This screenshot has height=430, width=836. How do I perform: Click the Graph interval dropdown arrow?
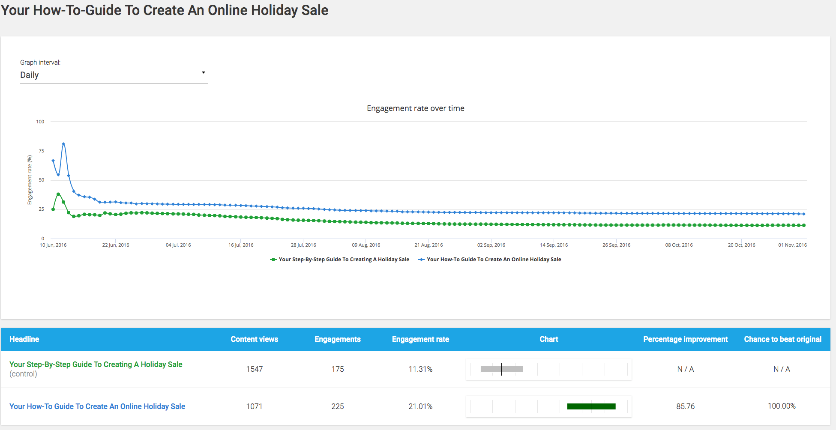(204, 73)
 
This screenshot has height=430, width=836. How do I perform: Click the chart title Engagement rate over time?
(415, 108)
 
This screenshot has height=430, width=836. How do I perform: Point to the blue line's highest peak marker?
(63, 144)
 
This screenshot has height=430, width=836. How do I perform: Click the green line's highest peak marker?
(58, 194)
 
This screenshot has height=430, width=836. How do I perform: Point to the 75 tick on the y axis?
(41, 151)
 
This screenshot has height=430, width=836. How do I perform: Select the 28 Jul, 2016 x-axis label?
(303, 245)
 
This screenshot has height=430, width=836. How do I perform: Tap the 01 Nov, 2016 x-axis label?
(792, 245)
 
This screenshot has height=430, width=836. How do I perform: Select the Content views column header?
(254, 339)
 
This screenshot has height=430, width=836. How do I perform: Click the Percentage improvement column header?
(685, 339)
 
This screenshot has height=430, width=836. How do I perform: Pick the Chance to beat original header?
(782, 339)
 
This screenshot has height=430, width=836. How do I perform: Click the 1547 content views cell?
(254, 369)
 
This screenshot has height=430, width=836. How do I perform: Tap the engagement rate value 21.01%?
(420, 406)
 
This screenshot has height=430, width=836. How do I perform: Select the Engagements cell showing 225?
(338, 406)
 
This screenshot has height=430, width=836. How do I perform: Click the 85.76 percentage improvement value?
(685, 406)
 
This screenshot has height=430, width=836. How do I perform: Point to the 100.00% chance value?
(782, 406)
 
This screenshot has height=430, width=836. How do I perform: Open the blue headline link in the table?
(97, 406)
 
